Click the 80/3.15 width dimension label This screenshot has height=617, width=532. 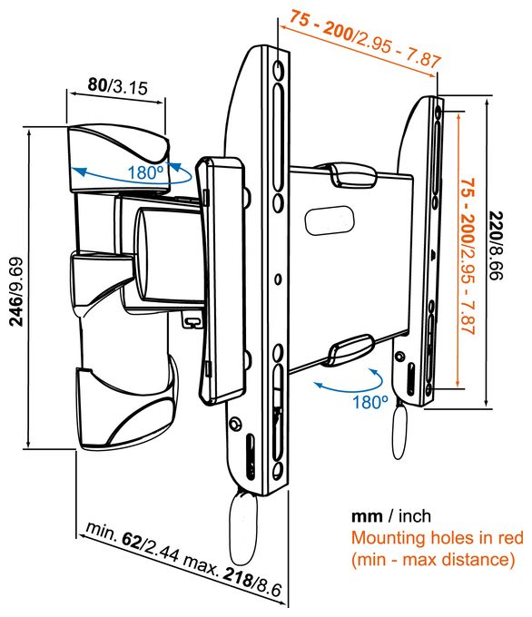[x=117, y=86]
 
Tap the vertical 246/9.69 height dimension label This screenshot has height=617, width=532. [x=17, y=291]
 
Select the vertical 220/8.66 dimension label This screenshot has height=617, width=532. [x=496, y=246]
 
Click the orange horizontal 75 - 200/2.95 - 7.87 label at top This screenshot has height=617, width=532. [x=366, y=38]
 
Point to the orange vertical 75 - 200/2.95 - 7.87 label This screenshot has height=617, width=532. [x=468, y=256]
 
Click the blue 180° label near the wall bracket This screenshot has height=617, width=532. [x=145, y=172]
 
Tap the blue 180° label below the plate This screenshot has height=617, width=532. [x=369, y=402]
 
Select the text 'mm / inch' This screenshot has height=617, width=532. [x=391, y=516]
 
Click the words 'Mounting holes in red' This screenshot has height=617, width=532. [x=437, y=537]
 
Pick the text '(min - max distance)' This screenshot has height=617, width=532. [x=433, y=559]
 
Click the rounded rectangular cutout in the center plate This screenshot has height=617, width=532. [x=330, y=220]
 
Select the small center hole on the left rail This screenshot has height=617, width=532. [x=278, y=279]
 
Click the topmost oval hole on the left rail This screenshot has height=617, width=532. [x=278, y=70]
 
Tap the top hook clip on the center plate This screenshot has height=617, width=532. [x=353, y=175]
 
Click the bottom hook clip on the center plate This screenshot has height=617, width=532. [x=351, y=349]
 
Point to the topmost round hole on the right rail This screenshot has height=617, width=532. [x=438, y=113]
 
